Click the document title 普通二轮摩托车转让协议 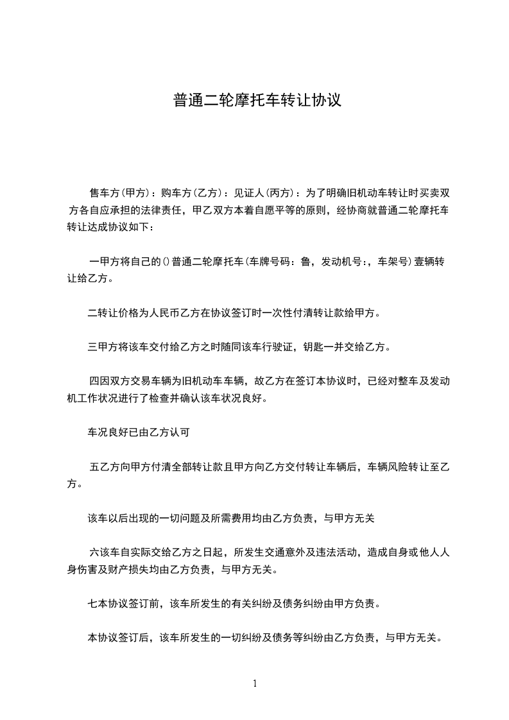[x=255, y=101]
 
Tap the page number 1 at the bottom [x=255, y=683]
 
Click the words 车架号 [x=393, y=262]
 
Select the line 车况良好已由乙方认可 [x=138, y=432]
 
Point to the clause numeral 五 [x=94, y=467]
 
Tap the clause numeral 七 [x=92, y=603]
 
